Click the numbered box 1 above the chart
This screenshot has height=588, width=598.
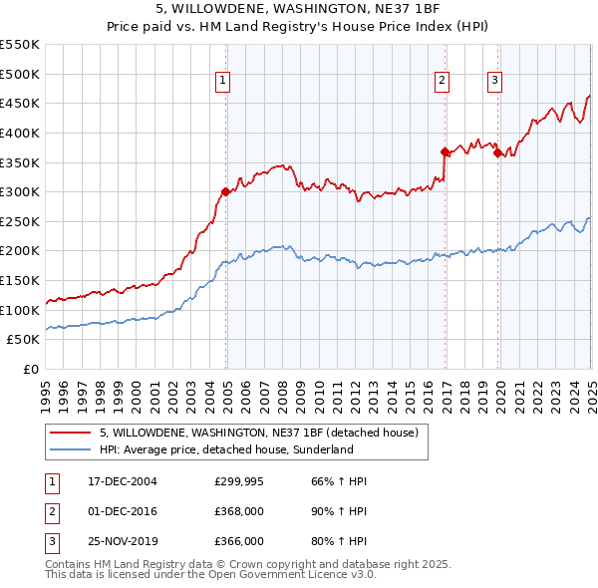pyautogui.click(x=222, y=82)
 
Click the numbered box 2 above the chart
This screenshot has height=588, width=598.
pyautogui.click(x=442, y=82)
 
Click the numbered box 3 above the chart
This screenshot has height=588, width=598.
pyautogui.click(x=495, y=82)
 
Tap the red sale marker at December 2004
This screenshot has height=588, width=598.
pyautogui.click(x=226, y=191)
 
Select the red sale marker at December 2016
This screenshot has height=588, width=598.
pyautogui.click(x=445, y=151)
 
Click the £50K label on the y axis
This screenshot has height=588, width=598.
pyautogui.click(x=24, y=340)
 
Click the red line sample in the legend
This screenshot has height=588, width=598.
pyautogui.click(x=72, y=433)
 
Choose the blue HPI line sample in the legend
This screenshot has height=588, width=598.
pyautogui.click(x=72, y=449)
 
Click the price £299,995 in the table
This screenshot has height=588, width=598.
pyautogui.click(x=239, y=481)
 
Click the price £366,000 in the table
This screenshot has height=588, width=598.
pyautogui.click(x=239, y=541)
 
